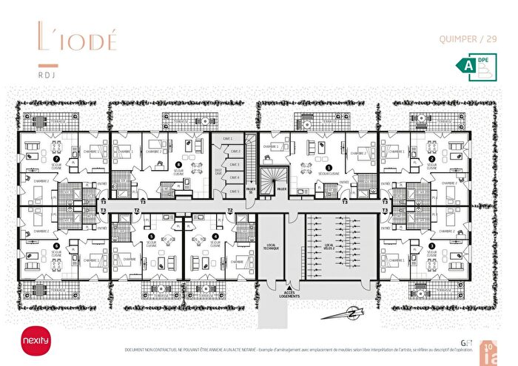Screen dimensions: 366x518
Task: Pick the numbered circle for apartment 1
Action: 329,167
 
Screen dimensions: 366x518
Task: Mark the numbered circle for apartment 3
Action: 431,245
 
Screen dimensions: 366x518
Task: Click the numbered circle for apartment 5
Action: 151,237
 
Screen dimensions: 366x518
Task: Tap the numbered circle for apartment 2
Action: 431,158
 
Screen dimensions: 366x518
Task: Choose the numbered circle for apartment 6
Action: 55,245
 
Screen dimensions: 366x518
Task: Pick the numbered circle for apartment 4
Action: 215,237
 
